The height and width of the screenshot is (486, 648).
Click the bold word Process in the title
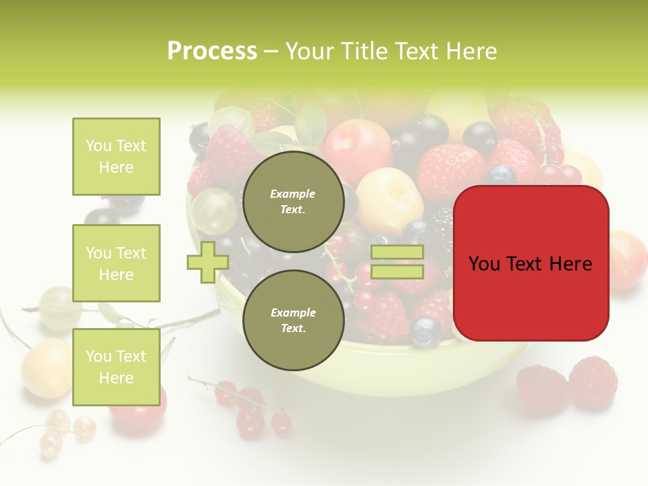click(x=212, y=51)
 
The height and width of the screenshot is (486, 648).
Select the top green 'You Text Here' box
click(x=116, y=157)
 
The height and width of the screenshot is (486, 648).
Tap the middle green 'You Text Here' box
click(x=116, y=263)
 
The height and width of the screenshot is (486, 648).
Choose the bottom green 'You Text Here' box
click(x=116, y=367)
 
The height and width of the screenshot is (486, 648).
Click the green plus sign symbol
click(x=207, y=262)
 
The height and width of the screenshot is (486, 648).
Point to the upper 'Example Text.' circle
click(x=293, y=201)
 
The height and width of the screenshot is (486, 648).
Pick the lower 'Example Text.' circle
click(x=293, y=320)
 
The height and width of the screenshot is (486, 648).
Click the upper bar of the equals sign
click(x=398, y=252)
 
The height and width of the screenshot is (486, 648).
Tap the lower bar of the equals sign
click(x=398, y=272)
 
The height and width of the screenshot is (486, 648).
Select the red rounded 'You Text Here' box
click(x=531, y=263)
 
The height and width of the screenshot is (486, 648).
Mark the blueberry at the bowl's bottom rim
click(x=425, y=332)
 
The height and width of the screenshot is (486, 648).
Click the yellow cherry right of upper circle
click(x=389, y=192)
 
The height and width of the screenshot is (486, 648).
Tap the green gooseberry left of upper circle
click(x=213, y=211)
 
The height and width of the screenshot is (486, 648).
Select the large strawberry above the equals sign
click(x=451, y=171)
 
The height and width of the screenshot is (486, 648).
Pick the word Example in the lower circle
click(x=293, y=313)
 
